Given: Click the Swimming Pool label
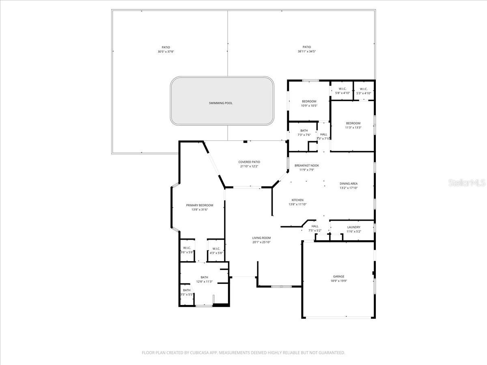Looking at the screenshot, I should [221, 103].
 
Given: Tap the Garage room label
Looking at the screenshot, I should [338, 277].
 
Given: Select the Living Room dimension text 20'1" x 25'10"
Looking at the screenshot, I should [261, 242].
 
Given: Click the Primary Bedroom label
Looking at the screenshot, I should [199, 205].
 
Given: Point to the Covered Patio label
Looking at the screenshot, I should [249, 162].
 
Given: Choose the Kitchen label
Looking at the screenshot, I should [297, 200].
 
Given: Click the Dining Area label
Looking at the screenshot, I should [348, 184].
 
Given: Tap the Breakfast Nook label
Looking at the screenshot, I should [306, 165].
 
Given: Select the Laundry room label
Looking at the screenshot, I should [353, 227].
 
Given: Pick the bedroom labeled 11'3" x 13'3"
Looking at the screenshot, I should [353, 123].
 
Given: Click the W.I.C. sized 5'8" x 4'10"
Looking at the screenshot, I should [342, 89].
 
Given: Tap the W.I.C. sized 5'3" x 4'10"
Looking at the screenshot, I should [363, 89].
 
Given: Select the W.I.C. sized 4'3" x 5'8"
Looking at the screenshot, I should [216, 249].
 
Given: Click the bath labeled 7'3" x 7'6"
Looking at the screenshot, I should [304, 131].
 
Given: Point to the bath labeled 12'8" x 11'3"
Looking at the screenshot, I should [204, 277].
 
